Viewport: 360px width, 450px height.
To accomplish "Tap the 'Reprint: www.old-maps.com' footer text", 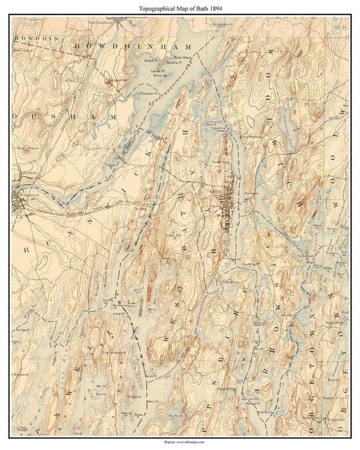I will [x=180, y=442].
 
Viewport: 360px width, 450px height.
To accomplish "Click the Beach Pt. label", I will [x=151, y=61].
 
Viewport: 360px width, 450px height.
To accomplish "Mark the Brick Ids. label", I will [x=160, y=76].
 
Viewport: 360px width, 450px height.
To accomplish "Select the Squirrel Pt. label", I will [x=251, y=399].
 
